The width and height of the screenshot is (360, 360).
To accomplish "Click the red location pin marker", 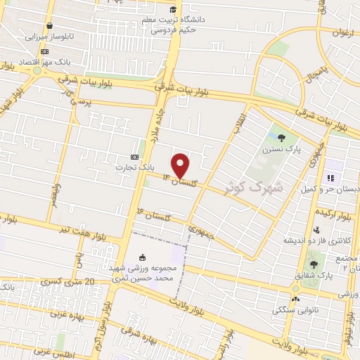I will (181, 165).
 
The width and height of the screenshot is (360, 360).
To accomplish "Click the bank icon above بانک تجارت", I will (135, 157).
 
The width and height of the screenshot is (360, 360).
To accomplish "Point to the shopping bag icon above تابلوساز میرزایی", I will (47, 27).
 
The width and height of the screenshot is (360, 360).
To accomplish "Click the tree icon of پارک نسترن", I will (281, 139).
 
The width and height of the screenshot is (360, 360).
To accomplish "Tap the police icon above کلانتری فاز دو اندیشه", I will (316, 229).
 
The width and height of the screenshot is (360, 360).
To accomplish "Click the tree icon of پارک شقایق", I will (313, 264).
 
